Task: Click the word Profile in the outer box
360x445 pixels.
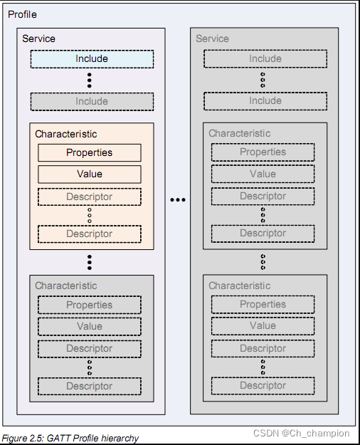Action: [x=22, y=14]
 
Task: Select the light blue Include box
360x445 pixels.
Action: [x=92, y=59]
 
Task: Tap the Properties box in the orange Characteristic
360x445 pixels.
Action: [x=90, y=152]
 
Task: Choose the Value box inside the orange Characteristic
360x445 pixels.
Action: [x=90, y=174]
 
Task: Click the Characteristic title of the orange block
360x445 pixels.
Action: [x=66, y=134]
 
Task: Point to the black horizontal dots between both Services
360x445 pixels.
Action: [x=178, y=200]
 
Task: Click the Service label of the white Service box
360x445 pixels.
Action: [x=38, y=38]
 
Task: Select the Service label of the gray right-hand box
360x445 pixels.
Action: [x=212, y=38]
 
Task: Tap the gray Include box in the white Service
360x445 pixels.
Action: [x=92, y=102]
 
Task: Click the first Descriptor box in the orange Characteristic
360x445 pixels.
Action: [x=90, y=197]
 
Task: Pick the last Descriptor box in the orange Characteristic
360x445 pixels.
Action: [x=90, y=234]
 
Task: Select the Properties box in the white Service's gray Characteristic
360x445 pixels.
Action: [x=90, y=305]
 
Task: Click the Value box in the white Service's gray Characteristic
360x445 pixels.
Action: [x=90, y=327]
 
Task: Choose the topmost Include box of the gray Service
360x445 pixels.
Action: [x=265, y=59]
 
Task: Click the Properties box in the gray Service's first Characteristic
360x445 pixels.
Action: [x=263, y=152]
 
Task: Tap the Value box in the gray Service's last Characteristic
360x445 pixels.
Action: [x=263, y=326]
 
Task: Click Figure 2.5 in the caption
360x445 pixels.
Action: [x=23, y=439]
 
